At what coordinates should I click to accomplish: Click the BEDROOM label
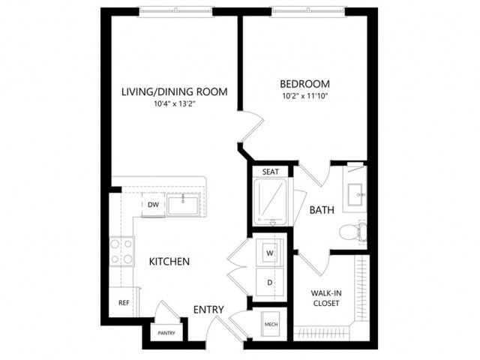pyautogui.click(x=305, y=84)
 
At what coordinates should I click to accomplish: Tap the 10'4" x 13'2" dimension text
pyautogui.click(x=175, y=104)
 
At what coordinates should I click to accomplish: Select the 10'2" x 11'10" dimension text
pyautogui.click(x=305, y=96)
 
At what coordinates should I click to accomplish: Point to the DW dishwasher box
pyautogui.click(x=153, y=205)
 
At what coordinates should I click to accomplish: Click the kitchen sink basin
pyautogui.click(x=183, y=205)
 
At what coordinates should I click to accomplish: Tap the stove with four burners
pyautogui.click(x=121, y=252)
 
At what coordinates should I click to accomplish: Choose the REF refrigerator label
pyautogui.click(x=124, y=303)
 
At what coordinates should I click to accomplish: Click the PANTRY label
pyautogui.click(x=166, y=333)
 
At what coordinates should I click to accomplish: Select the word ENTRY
pyautogui.click(x=208, y=310)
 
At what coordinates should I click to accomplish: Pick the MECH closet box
pyautogui.click(x=271, y=324)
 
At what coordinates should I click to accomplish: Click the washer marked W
pyautogui.click(x=270, y=253)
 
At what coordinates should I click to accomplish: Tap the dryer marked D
pyautogui.click(x=270, y=282)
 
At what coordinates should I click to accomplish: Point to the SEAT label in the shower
pyautogui.click(x=271, y=172)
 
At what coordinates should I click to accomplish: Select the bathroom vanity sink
pyautogui.click(x=356, y=194)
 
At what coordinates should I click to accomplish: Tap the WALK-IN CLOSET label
pyautogui.click(x=326, y=298)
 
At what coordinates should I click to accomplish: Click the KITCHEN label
pyautogui.click(x=169, y=262)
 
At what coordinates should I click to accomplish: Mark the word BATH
pyautogui.click(x=322, y=210)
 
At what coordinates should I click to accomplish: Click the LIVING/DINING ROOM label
pyautogui.click(x=175, y=91)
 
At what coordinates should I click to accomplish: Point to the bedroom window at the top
pyautogui.click(x=308, y=11)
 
